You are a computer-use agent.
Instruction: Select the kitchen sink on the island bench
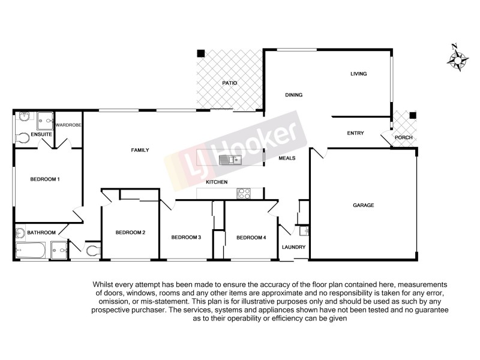click(x=229, y=159)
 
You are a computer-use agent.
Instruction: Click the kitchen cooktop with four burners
click(x=244, y=193)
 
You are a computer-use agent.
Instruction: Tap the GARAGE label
click(x=363, y=205)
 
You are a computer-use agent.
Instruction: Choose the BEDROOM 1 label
click(x=45, y=179)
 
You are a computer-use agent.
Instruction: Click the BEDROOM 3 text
click(x=186, y=238)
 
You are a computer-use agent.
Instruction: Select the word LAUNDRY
click(x=294, y=247)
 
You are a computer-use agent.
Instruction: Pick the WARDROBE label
click(x=68, y=125)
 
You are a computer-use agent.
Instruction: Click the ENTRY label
click(x=355, y=133)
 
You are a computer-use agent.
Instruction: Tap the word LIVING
click(x=358, y=74)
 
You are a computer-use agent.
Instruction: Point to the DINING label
click(x=293, y=95)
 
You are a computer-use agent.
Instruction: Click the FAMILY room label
click(x=140, y=150)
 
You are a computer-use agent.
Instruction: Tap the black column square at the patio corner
click(x=201, y=53)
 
